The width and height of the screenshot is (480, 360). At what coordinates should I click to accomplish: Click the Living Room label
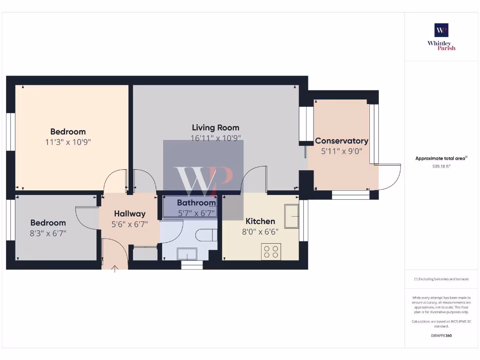pos(215,127)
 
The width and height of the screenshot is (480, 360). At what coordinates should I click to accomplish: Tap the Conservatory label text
pos(341,141)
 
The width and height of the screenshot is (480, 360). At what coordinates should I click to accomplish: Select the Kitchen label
pos(260,221)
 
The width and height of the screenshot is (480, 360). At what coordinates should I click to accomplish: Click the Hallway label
pos(129,214)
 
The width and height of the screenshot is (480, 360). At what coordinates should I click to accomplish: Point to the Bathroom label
pos(196,203)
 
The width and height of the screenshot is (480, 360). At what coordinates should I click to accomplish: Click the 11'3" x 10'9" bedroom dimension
pos(68,142)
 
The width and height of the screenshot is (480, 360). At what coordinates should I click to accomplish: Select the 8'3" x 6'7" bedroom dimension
pos(48,233)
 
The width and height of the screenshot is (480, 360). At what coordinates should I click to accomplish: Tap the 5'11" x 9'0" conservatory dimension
pos(341,151)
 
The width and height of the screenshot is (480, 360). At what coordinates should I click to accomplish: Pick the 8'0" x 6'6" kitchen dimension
pos(260,232)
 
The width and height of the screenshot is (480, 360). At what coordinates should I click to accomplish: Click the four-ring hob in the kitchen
pos(271,251)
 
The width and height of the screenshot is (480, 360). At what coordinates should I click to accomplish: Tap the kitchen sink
pos(291,216)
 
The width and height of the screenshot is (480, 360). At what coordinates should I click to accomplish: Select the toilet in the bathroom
pos(207,234)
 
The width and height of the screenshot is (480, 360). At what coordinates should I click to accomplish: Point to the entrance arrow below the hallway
pos(115,268)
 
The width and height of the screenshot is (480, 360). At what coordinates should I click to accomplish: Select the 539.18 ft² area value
pos(441,166)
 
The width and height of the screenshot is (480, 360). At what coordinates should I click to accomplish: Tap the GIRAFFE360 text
pos(441,336)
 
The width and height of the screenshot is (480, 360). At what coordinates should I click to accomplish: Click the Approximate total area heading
pos(441,158)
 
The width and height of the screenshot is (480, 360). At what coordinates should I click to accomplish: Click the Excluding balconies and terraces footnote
pos(441,279)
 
